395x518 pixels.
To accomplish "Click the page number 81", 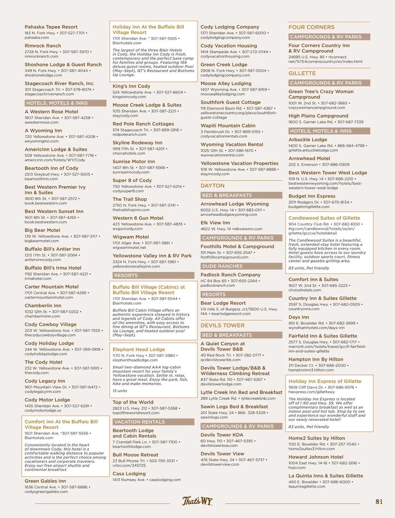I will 379,502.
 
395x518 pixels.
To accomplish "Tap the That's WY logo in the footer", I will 197,501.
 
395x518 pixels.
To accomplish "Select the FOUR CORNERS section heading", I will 311,27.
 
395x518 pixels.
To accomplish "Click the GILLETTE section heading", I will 302,73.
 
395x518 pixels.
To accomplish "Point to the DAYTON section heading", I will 212,186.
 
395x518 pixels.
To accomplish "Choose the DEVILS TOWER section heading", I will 222,326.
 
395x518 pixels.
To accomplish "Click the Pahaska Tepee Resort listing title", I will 51,27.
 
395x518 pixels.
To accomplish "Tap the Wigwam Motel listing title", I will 131,237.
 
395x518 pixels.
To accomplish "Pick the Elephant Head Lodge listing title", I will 139,349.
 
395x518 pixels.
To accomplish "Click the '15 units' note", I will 120,391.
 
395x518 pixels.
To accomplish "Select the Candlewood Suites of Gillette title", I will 324,218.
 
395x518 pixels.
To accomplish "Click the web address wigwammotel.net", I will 129,247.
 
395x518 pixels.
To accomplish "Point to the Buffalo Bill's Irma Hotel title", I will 53,268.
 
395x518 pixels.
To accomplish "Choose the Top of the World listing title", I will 133,402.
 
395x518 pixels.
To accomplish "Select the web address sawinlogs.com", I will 214,417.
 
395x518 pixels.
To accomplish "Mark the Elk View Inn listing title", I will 215,223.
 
